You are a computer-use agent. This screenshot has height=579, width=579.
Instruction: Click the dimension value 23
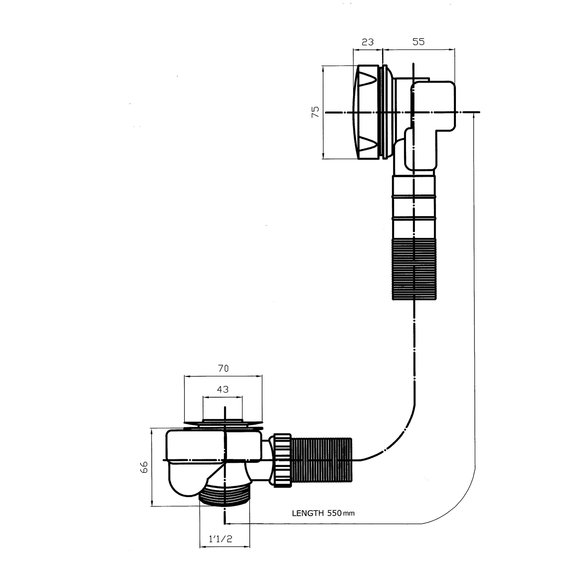pyautogui.click(x=367, y=42)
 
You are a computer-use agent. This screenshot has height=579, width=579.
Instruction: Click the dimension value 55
pyautogui.click(x=418, y=42)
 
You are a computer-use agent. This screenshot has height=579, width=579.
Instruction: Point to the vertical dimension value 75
pyautogui.click(x=315, y=112)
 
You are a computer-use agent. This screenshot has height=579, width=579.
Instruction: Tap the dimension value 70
pyautogui.click(x=223, y=368)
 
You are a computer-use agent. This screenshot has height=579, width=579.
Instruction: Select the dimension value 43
pyautogui.click(x=223, y=389)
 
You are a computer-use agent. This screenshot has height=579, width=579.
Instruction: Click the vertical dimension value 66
pyautogui.click(x=144, y=467)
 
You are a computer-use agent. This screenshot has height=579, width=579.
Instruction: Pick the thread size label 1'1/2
pyautogui.click(x=220, y=539)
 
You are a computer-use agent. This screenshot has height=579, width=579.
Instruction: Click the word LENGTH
pyautogui.click(x=308, y=513)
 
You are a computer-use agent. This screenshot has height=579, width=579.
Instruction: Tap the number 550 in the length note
pyautogui.click(x=334, y=513)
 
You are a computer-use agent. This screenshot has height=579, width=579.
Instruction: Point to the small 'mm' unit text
pyautogui.click(x=349, y=513)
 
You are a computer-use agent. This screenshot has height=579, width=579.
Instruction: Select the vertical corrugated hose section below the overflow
pyautogui.click(x=414, y=269)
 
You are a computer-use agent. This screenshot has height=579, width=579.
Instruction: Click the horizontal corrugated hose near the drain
pyautogui.click(x=321, y=460)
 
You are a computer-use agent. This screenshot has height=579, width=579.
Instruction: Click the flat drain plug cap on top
pyautogui.click(x=223, y=423)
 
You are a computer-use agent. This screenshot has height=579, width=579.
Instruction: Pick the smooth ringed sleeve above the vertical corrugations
pyautogui.click(x=414, y=207)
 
